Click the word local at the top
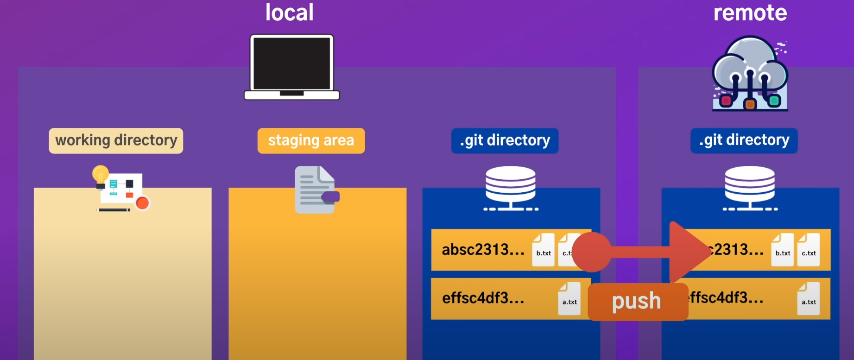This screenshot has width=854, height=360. tap(290, 13)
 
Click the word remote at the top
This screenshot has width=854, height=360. tap(750, 13)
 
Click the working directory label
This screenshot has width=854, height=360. tap(116, 140)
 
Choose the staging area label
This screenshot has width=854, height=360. tap(311, 140)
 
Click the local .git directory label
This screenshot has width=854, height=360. tap(505, 140)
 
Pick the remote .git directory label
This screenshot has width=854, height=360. tap(744, 140)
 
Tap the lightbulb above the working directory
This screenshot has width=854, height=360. tap(101, 175)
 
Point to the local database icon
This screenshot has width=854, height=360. tap(511, 188)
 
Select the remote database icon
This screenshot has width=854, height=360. tap(750, 188)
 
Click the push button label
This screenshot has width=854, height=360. tap(637, 302)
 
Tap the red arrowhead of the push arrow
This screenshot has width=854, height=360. tap(688, 252)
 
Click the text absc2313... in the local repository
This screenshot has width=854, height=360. tap(483, 250)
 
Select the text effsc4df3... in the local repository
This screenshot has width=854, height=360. tap(483, 298)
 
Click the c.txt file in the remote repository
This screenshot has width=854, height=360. tap(809, 250)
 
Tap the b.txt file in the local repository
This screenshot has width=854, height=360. tap(543, 250)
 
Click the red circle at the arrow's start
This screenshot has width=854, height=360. tap(592, 252)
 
